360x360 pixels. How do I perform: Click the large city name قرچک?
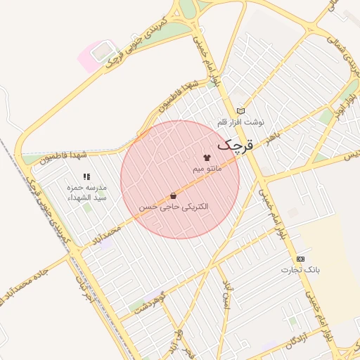tap(233, 145)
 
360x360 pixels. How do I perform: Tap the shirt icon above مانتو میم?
tap(207, 158)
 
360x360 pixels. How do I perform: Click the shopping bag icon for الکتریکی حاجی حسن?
tap(173, 196)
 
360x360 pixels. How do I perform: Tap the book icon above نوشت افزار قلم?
tap(241, 110)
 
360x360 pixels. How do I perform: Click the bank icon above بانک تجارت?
tap(300, 259)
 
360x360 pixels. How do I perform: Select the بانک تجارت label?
tap(300, 270)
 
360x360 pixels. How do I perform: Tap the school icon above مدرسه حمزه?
tap(86, 176)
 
